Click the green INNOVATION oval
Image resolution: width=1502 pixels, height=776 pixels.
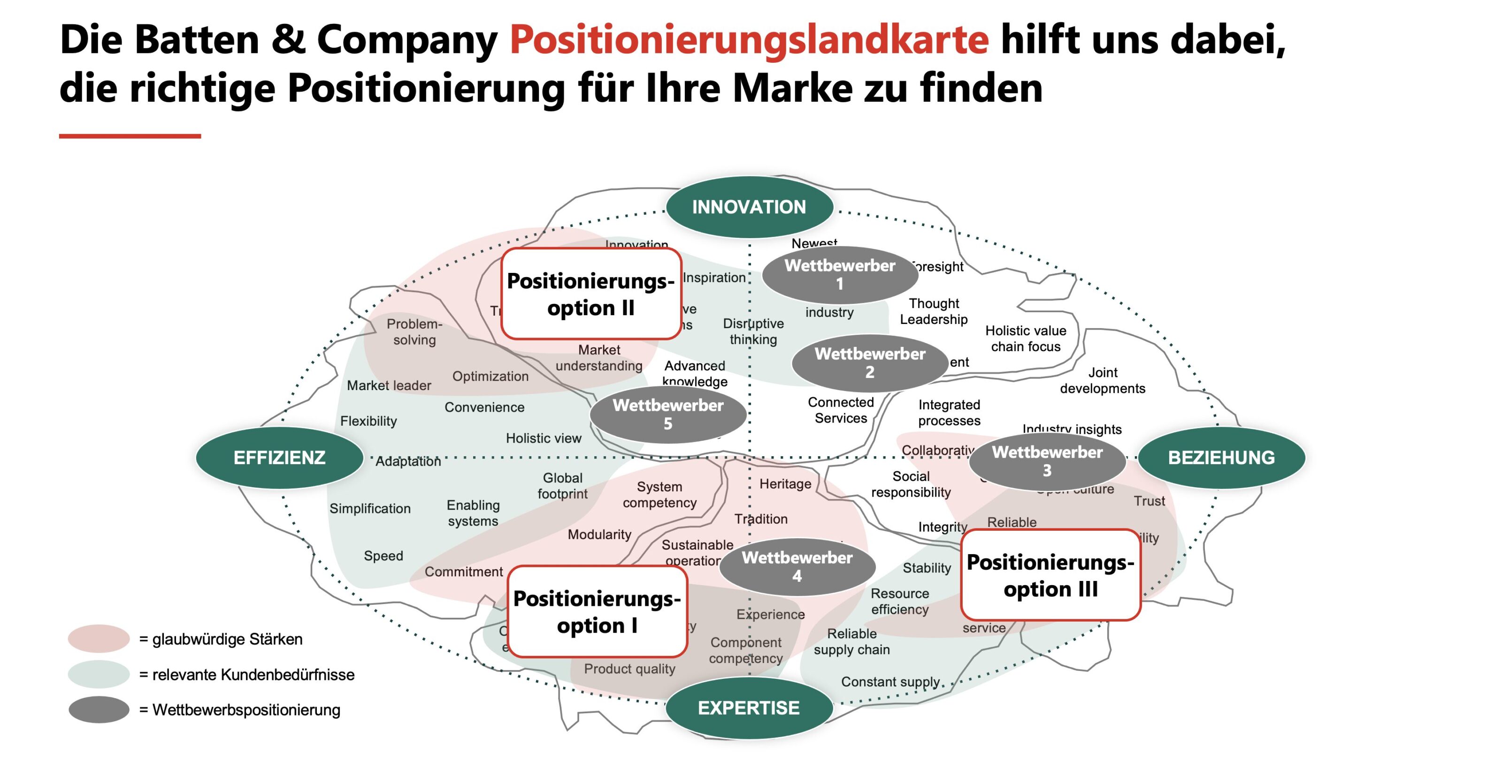pyautogui.click(x=749, y=207)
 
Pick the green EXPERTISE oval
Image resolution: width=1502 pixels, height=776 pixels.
pyautogui.click(x=749, y=708)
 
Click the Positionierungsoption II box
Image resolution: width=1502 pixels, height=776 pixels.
pyautogui.click(x=590, y=294)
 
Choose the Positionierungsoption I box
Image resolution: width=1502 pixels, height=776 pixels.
pyautogui.click(x=597, y=612)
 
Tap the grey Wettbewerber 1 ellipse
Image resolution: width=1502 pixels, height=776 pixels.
pyautogui.click(x=840, y=274)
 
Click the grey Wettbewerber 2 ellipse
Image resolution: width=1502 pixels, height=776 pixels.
pyautogui.click(x=869, y=362)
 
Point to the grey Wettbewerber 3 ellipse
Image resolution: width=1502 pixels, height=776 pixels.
pyautogui.click(x=1047, y=461)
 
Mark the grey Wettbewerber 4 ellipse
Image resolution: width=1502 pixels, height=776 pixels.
pyautogui.click(x=797, y=566)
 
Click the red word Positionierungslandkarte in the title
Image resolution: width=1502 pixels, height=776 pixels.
pyautogui.click(x=749, y=39)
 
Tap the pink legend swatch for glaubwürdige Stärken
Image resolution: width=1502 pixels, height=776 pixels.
pyautogui.click(x=99, y=639)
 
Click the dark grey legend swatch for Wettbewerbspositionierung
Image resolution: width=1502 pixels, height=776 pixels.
pyautogui.click(x=99, y=709)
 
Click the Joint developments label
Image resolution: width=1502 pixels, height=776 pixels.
pyautogui.click(x=1102, y=380)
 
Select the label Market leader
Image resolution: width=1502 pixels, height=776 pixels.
pyautogui.click(x=389, y=386)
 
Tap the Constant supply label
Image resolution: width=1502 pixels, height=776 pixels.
pyautogui.click(x=890, y=682)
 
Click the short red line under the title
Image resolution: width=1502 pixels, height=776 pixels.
pyautogui.click(x=130, y=136)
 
